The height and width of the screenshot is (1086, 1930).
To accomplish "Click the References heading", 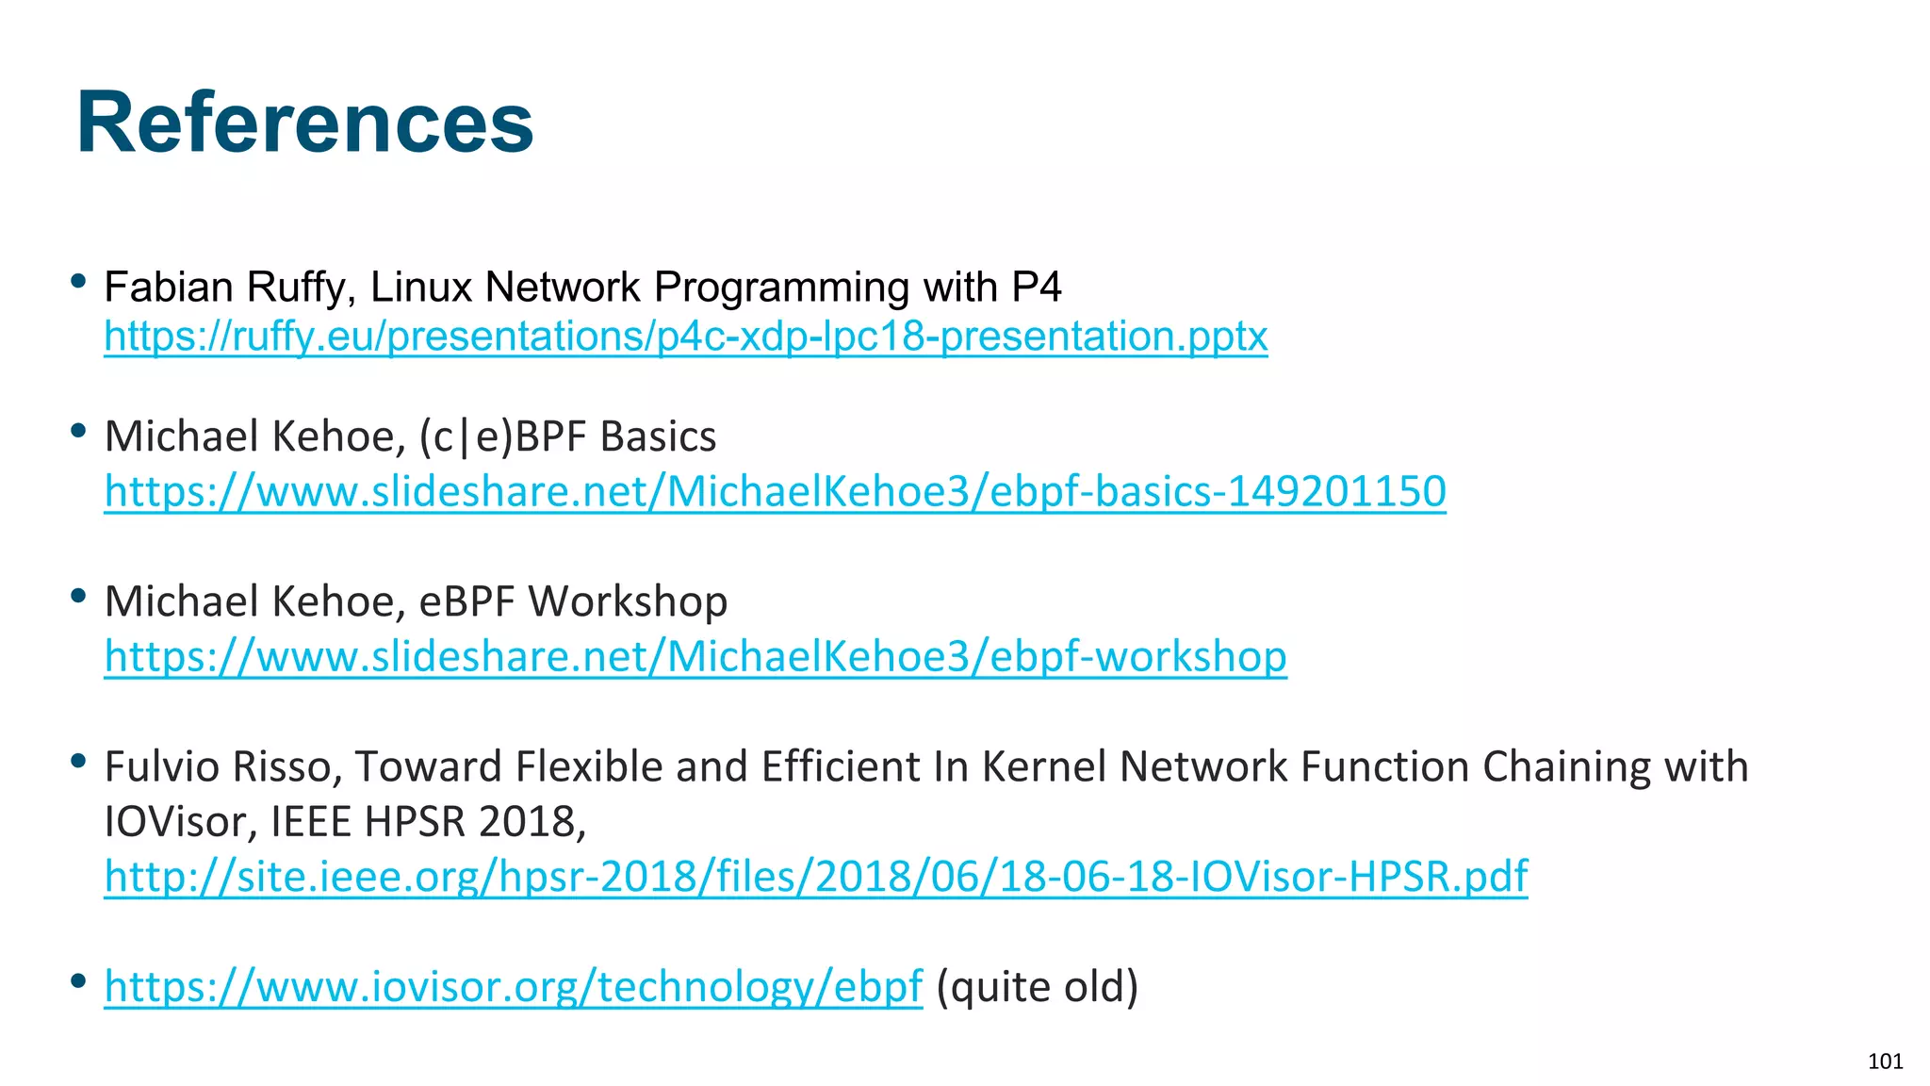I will (x=304, y=123).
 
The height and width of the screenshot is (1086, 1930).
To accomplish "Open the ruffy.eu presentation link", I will (x=685, y=337).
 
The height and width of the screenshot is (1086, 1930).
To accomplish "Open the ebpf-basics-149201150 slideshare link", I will (x=775, y=491).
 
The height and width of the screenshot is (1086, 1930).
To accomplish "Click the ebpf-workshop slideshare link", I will (x=695, y=656).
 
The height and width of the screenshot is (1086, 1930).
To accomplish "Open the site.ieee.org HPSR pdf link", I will (x=815, y=876).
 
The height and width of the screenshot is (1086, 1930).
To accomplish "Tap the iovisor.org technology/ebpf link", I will (x=513, y=987).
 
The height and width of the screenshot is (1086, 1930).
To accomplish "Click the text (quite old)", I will (x=1038, y=987).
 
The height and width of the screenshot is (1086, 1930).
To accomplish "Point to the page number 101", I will (x=1885, y=1061).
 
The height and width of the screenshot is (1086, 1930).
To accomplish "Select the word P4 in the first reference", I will (x=1037, y=287).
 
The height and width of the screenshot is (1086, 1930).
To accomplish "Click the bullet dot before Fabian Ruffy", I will (x=79, y=280).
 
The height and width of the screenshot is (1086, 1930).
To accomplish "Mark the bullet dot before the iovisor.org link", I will (x=79, y=981).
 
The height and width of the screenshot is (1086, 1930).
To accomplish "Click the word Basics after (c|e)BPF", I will (x=658, y=436).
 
